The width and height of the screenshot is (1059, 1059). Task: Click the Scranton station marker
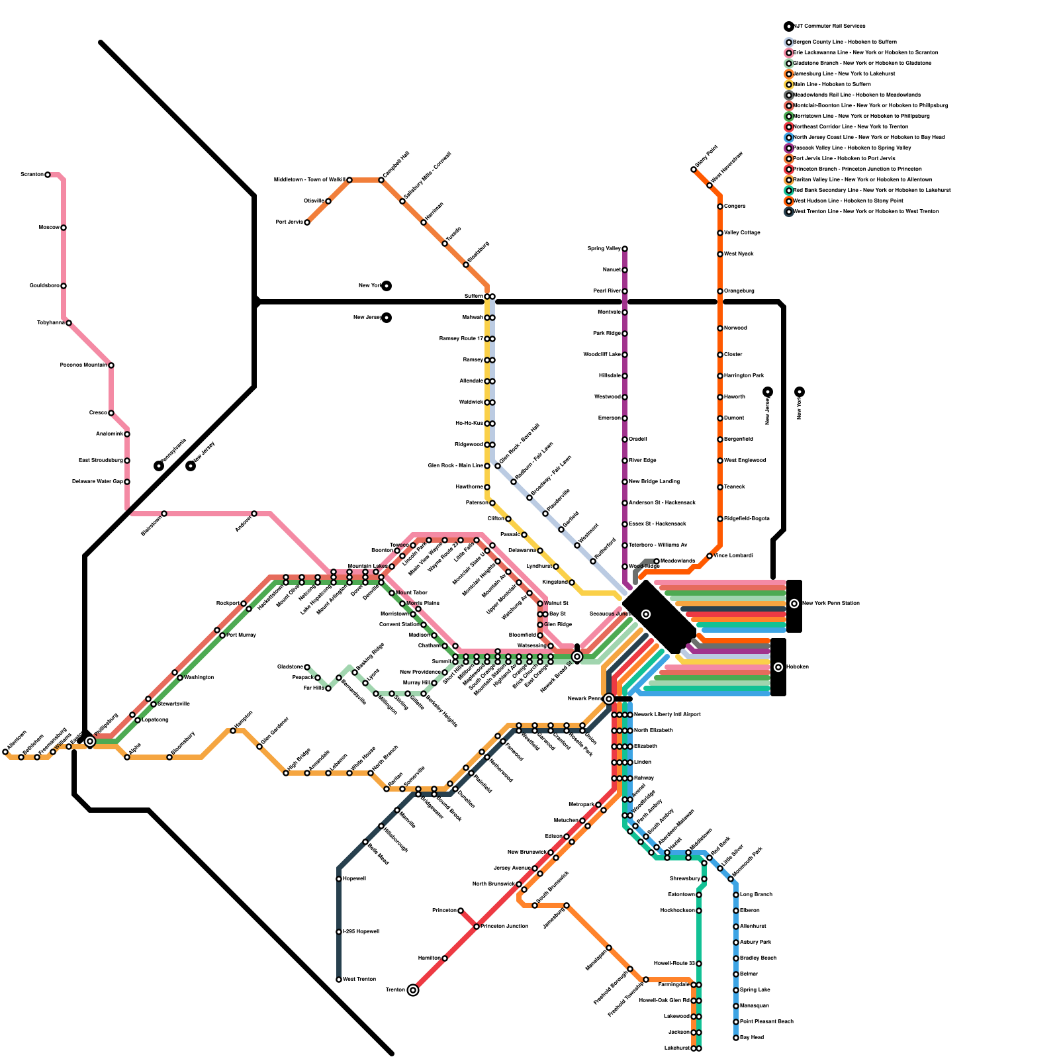point(48,175)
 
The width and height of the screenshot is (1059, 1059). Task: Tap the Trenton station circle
point(413,990)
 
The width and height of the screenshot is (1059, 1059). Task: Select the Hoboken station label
point(798,667)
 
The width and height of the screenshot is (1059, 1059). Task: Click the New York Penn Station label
point(831,603)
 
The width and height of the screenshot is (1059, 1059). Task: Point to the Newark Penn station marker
point(609,699)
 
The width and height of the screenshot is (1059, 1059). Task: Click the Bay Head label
point(752,1037)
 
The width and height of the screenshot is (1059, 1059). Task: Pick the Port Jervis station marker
point(307,222)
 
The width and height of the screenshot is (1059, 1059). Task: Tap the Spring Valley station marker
point(625,249)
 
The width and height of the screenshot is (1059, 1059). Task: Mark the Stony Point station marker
point(694,169)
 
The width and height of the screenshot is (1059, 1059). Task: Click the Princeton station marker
point(461,911)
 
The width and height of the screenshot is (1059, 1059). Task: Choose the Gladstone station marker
point(307,667)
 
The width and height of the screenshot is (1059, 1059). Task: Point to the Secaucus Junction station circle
point(646,614)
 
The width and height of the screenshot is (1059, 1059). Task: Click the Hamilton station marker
point(445,958)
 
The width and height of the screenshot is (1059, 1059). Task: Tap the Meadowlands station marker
point(657,561)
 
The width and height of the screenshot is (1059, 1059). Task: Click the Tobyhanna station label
point(50,322)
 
